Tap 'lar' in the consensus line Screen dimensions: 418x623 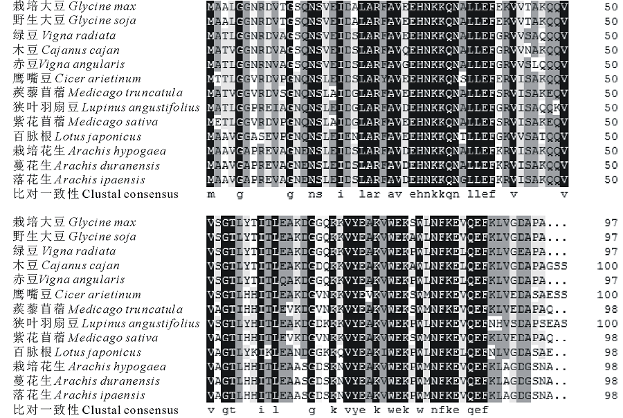[x=372, y=194]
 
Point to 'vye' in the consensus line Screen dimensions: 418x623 [x=372, y=410]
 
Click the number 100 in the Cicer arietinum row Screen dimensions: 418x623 [x=606, y=295]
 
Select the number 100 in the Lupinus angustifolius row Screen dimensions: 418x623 [x=606, y=323]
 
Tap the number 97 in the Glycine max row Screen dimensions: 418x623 [x=610, y=222]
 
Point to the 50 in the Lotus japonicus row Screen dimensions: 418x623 [x=610, y=136]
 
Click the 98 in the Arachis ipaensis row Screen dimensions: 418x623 [x=610, y=395]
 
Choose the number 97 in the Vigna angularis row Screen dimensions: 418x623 [x=610, y=280]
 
